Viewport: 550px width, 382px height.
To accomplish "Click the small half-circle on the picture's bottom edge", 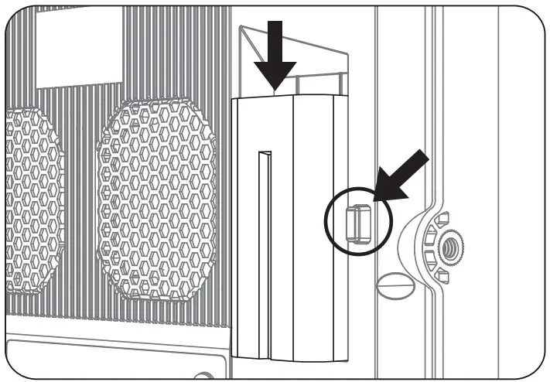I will [x=203, y=375].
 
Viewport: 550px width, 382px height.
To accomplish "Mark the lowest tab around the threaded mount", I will [x=442, y=277].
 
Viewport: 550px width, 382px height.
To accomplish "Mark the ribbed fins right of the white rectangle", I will [x=178, y=54].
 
